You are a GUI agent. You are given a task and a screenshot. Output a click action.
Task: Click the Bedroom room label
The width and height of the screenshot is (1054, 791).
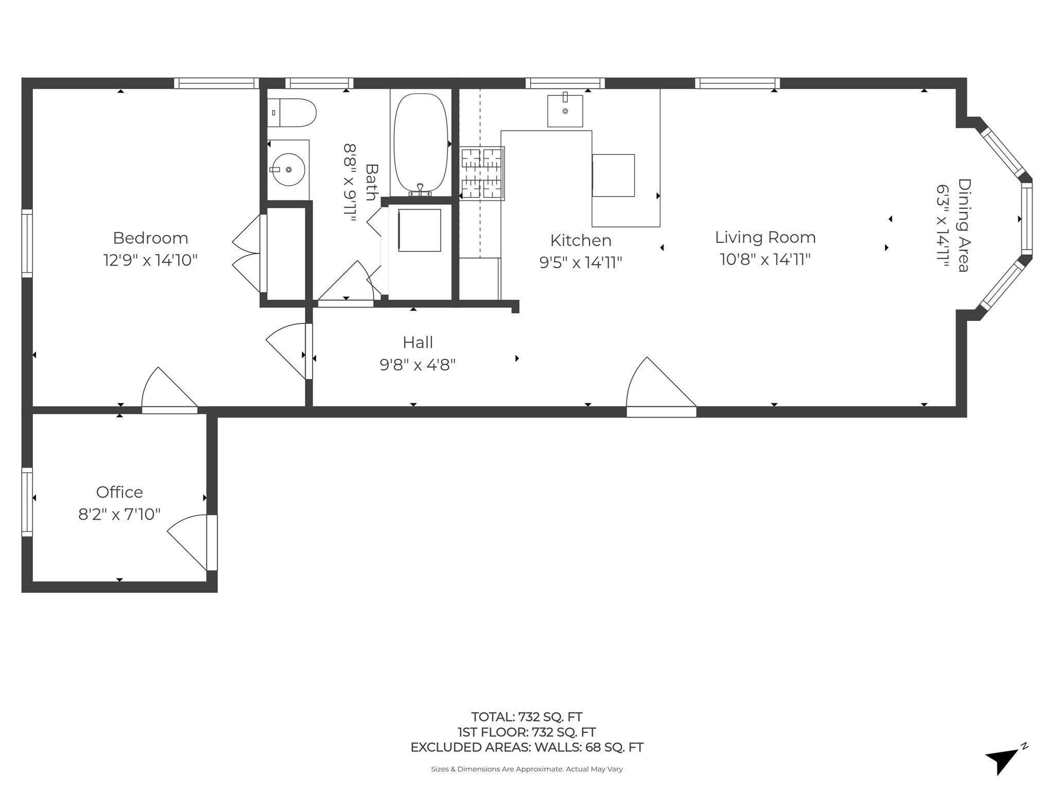[x=150, y=238]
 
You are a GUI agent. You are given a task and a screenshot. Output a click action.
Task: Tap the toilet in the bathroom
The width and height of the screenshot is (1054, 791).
[x=291, y=113]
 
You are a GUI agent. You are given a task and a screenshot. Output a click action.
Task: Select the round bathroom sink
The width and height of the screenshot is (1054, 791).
[x=288, y=169]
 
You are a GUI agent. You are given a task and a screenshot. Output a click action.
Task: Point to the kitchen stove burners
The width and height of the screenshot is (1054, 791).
[x=482, y=174]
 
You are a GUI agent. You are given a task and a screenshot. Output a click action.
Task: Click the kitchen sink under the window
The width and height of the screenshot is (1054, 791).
[x=565, y=110]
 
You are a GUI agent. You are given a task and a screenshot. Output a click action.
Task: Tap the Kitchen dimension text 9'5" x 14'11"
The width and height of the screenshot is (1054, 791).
[x=581, y=263]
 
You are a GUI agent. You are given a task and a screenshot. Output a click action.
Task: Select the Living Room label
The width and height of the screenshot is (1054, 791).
[x=765, y=237]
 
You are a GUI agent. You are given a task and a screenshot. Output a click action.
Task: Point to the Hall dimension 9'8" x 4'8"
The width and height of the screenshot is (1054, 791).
[x=417, y=365]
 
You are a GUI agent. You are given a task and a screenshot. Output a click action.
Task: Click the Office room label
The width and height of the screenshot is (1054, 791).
[x=119, y=492]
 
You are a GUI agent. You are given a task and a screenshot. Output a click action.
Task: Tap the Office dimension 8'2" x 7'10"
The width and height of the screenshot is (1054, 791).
[x=119, y=514]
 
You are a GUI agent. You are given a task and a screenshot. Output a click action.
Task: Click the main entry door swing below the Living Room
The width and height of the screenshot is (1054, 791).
[x=661, y=387]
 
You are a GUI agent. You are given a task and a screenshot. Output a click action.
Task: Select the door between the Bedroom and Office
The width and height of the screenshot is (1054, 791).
[x=169, y=390]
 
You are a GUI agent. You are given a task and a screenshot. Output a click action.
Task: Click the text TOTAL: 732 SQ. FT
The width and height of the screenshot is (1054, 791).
[x=526, y=716]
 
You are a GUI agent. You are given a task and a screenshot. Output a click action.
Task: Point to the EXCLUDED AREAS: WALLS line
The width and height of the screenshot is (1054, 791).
[x=526, y=747]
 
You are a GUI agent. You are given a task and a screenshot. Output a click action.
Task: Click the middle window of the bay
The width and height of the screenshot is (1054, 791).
[x=1026, y=219]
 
